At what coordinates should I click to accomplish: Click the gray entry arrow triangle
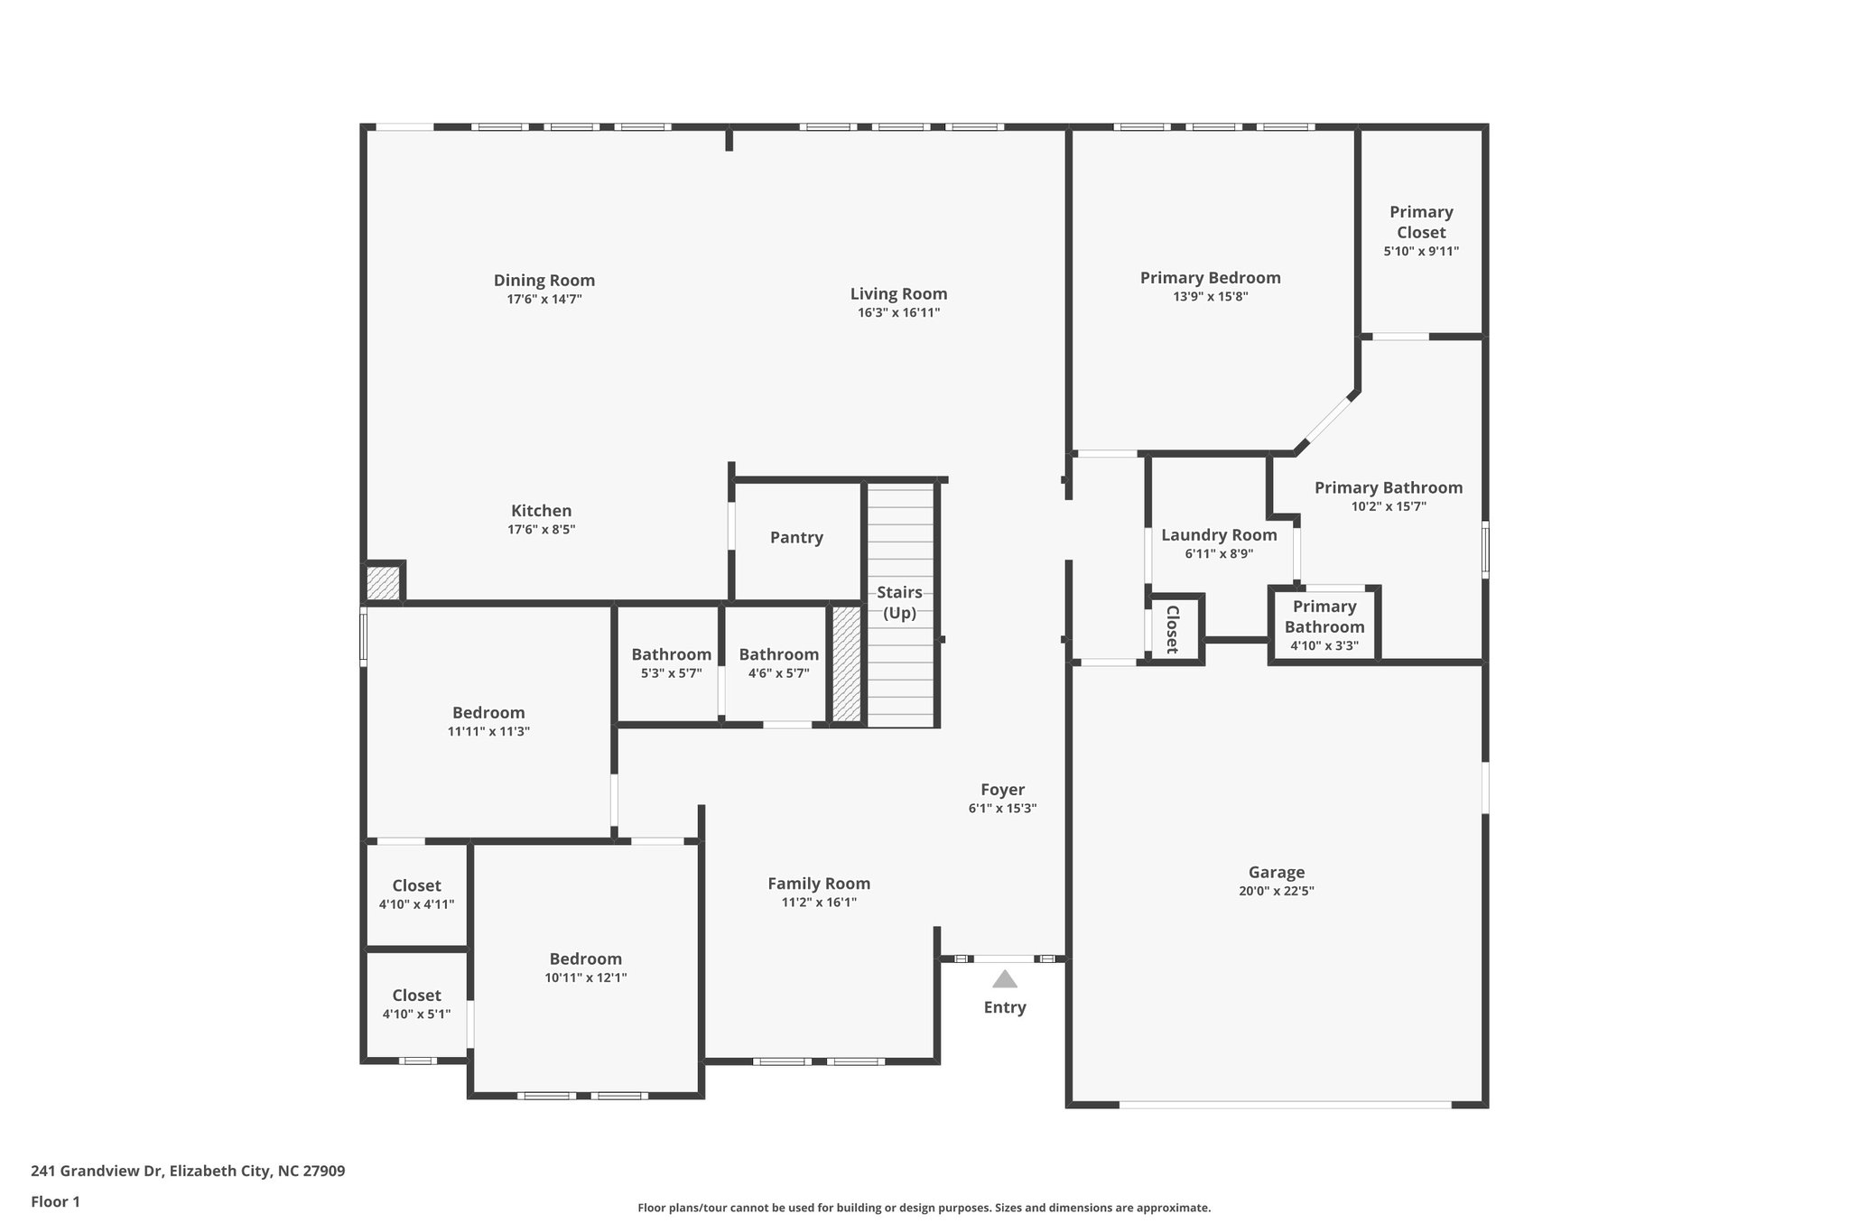tap(1004, 979)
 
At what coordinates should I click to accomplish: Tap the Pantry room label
tap(796, 538)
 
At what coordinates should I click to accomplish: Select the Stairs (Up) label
tap(899, 603)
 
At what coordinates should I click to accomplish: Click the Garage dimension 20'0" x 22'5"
tap(1276, 891)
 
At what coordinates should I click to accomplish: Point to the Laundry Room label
tap(1219, 535)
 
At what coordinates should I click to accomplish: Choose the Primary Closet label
tap(1421, 222)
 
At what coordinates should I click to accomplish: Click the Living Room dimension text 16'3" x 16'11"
tap(898, 313)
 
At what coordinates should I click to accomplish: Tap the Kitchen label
tap(541, 511)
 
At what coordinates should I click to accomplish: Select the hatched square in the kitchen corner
tap(383, 582)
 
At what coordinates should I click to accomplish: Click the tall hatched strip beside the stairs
tap(846, 663)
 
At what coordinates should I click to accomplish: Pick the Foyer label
tap(1002, 790)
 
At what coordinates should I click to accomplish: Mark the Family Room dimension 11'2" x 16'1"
tap(819, 903)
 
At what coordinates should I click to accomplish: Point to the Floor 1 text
tap(55, 1202)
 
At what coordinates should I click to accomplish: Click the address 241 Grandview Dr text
tap(188, 1172)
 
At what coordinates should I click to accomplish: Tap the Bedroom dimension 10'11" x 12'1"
tap(585, 977)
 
